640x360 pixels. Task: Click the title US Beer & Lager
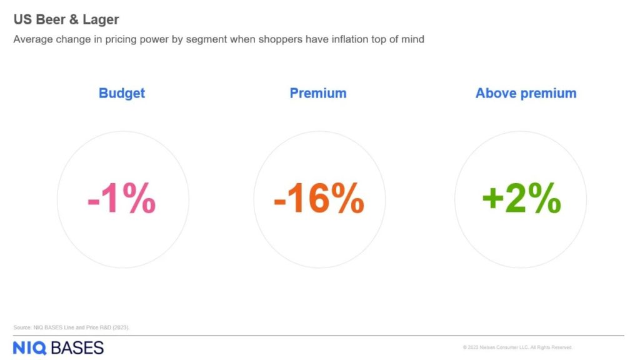[66, 19]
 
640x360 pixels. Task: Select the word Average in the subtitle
[33, 39]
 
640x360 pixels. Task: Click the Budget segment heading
[122, 93]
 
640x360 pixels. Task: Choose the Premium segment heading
[318, 93]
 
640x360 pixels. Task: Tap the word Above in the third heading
[496, 93]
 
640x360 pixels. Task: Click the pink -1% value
[122, 198]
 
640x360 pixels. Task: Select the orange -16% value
[319, 198]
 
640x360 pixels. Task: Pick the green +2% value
[522, 198]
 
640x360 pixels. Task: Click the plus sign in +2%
[492, 199]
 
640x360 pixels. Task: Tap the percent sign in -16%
[347, 198]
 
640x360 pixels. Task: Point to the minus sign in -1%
[94, 202]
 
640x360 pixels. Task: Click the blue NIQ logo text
[30, 348]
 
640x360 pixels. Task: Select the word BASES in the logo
[77, 348]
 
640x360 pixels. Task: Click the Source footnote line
[71, 327]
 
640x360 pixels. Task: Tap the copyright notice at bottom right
[517, 347]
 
